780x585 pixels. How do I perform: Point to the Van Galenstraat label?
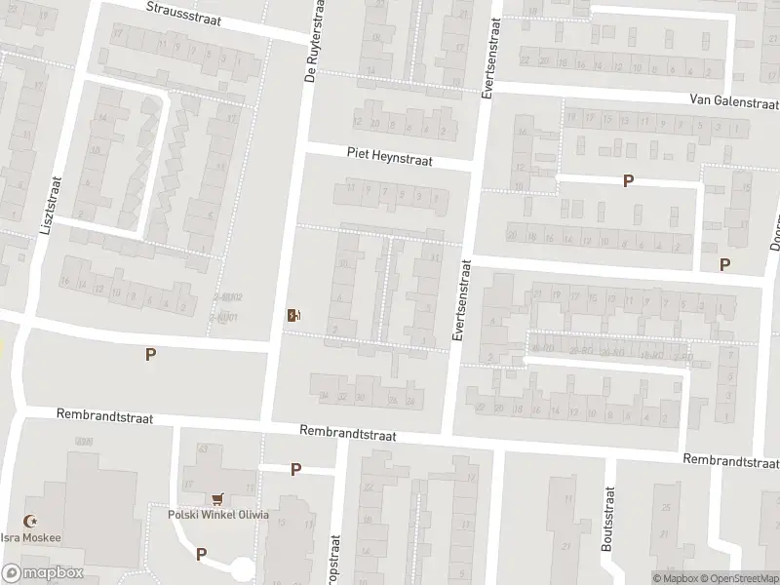(732, 100)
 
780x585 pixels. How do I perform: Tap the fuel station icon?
(292, 315)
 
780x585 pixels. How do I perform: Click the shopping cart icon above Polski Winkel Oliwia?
(216, 497)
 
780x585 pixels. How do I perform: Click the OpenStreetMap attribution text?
(733, 577)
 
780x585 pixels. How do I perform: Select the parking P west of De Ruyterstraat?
(150, 355)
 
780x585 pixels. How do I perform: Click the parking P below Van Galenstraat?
(629, 180)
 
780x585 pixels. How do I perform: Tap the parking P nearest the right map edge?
(724, 264)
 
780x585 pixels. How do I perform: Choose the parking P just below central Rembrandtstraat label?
(295, 470)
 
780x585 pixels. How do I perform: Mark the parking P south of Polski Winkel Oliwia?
(201, 554)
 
